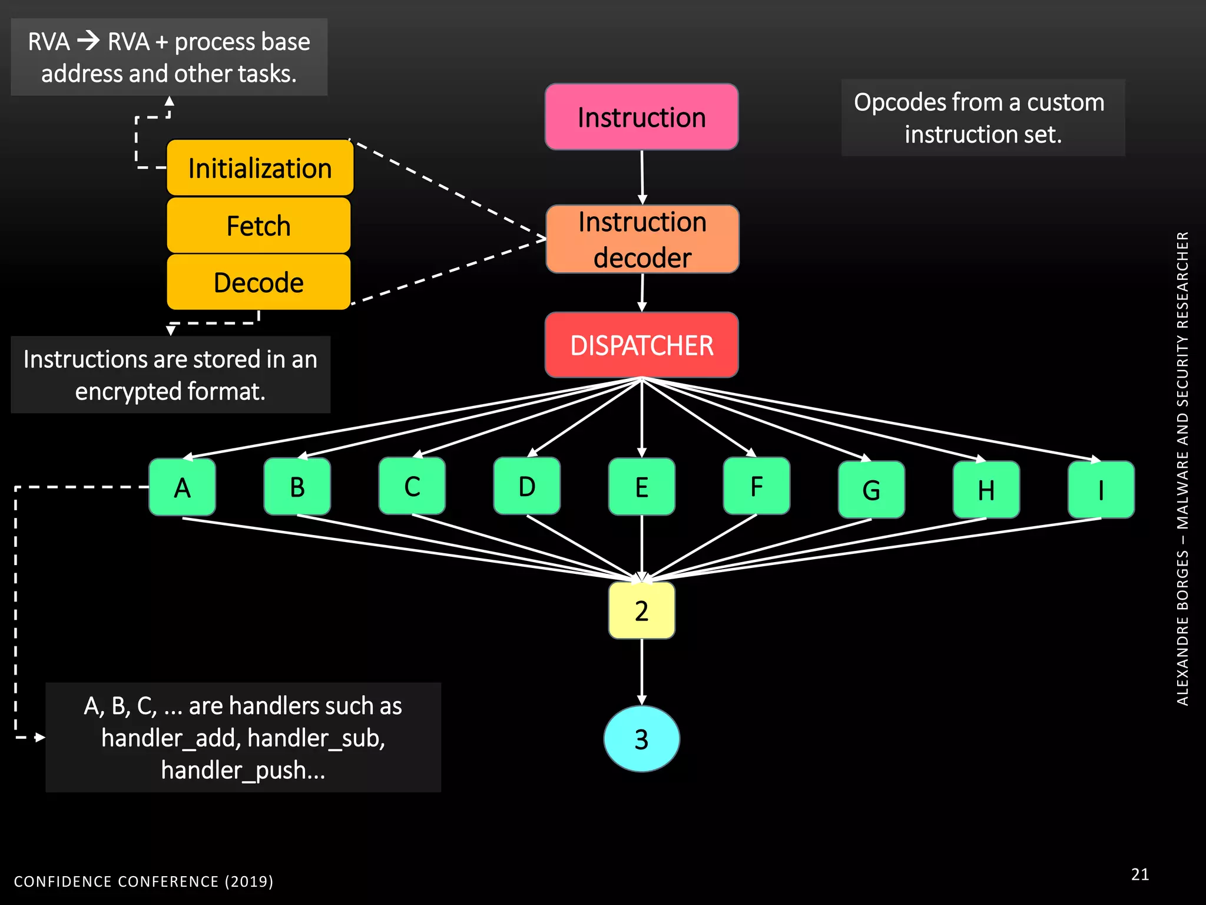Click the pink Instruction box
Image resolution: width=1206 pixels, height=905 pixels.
(641, 117)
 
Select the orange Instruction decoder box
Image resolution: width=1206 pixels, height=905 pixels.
(642, 239)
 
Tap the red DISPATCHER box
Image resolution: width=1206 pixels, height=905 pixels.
(641, 345)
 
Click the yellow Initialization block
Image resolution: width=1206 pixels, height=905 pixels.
(260, 168)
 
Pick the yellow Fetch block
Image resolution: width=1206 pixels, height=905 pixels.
(259, 226)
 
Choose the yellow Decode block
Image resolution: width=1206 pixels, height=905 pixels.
(259, 282)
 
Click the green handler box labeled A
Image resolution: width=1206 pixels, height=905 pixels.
(182, 487)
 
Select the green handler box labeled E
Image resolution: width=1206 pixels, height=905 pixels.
(641, 487)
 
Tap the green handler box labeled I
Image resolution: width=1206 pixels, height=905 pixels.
(1101, 490)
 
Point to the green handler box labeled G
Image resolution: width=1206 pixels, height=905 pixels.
(871, 490)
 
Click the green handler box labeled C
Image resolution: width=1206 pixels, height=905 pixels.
(412, 487)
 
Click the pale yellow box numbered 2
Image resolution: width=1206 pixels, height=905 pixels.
(641, 610)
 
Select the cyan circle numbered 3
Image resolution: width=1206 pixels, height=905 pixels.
(641, 739)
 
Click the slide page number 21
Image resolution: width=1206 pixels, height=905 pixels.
(1139, 874)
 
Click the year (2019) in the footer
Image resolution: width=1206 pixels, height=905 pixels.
(249, 881)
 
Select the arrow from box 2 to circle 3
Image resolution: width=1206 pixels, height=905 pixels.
(641, 672)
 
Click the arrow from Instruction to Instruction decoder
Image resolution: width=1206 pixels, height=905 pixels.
(642, 177)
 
